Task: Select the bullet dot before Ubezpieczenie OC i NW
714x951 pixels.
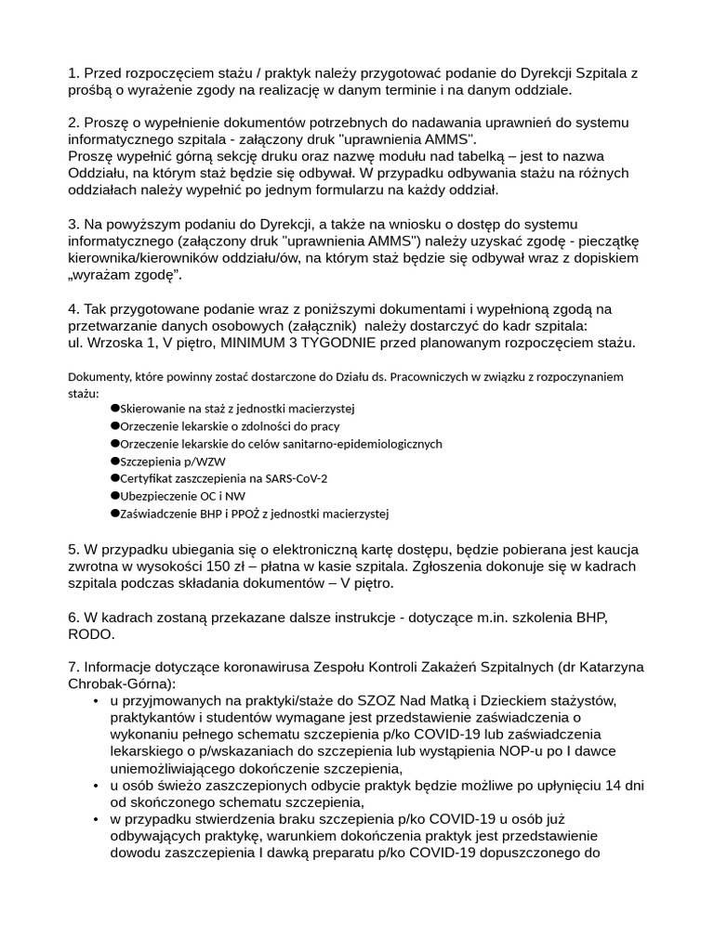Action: tap(115, 495)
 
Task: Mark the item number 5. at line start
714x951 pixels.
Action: tap(73, 549)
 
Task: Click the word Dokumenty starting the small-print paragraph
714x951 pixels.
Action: tap(99, 376)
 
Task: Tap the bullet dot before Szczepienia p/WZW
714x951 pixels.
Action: tap(115, 460)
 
